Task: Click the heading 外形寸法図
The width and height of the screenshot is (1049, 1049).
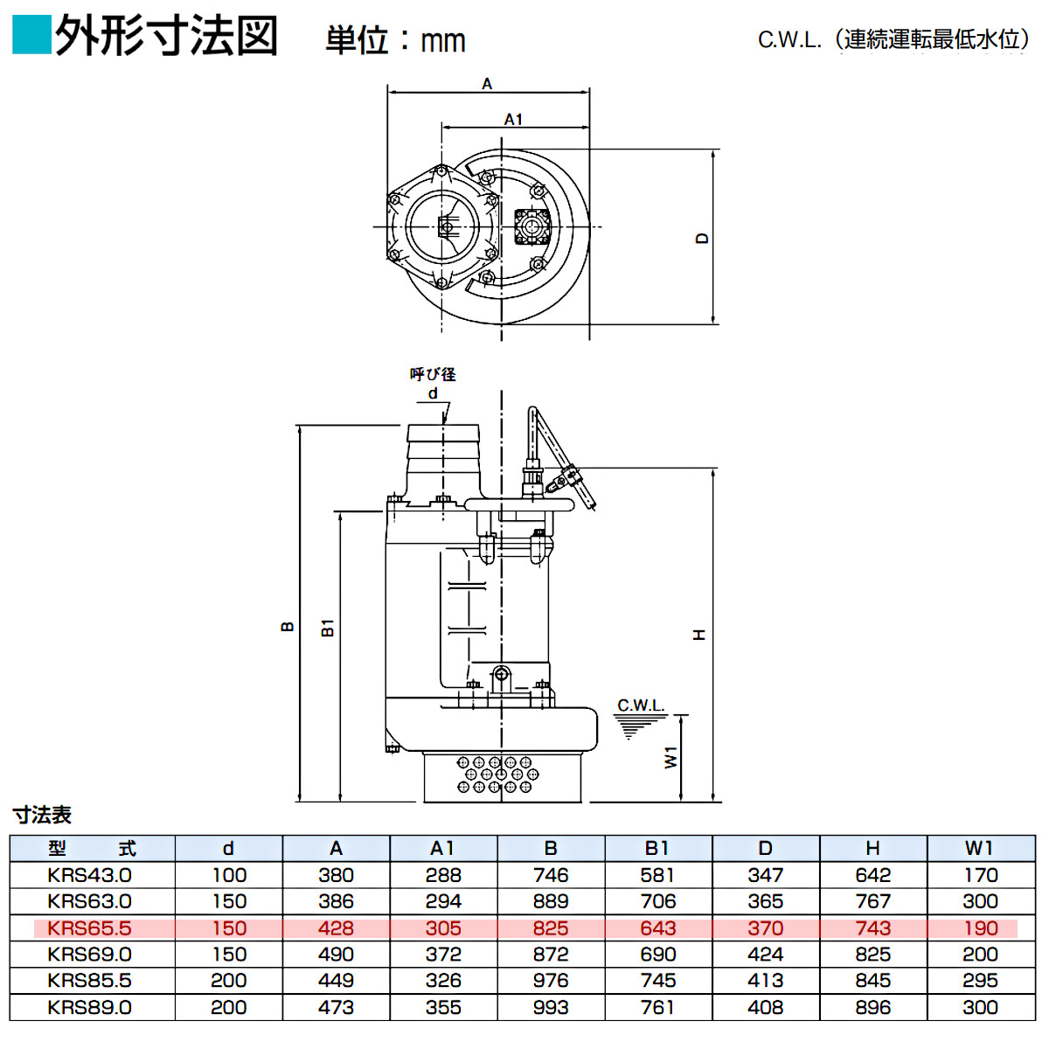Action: click(x=166, y=37)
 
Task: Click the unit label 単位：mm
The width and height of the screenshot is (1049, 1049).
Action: click(x=395, y=40)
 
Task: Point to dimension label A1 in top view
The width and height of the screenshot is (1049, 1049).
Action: click(x=513, y=119)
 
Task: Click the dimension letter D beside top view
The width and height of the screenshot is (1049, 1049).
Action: click(x=702, y=238)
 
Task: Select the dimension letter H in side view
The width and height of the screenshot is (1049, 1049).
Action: click(x=698, y=635)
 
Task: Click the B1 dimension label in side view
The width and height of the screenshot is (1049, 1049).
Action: click(x=328, y=627)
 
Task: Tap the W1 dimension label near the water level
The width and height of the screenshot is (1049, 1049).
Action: click(x=670, y=757)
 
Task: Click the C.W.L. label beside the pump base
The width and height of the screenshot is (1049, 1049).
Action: click(x=641, y=705)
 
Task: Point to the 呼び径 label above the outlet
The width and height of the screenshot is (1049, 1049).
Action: click(x=433, y=374)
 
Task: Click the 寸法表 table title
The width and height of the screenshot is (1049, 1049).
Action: click(x=42, y=815)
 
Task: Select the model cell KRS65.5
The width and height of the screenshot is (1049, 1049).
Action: click(x=90, y=928)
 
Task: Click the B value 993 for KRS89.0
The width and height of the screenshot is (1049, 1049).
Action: click(x=551, y=1008)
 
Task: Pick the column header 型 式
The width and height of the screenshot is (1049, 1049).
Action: click(x=92, y=849)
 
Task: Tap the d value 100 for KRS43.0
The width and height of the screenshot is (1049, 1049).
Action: click(x=229, y=875)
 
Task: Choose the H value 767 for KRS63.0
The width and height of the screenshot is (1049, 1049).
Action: click(x=872, y=901)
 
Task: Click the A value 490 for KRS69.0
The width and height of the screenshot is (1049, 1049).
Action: click(x=336, y=955)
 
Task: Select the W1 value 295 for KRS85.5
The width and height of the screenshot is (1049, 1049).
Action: click(x=980, y=981)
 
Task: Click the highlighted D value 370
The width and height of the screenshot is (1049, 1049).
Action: click(x=765, y=928)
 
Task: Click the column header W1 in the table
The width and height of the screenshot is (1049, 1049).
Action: click(x=980, y=849)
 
